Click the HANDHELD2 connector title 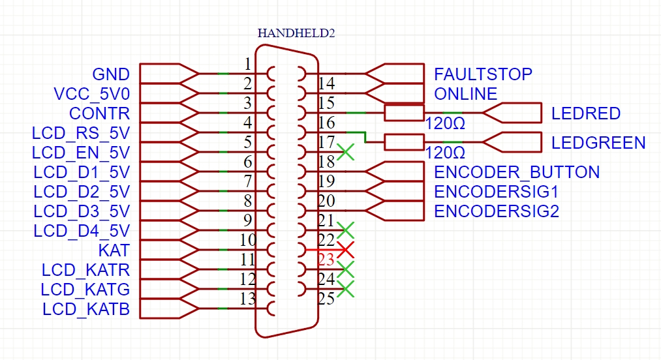pos(296,33)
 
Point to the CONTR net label pos(99,113)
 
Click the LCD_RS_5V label pos(81,133)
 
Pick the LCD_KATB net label pos(86,309)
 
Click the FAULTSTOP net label pos(483,74)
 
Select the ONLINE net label pos(465,94)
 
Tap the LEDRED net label pos(585,113)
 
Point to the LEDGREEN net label pos(598,143)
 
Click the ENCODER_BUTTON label pos(516,172)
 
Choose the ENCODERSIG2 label pos(496,211)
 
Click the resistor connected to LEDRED pos(405,113)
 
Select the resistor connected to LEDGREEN pos(405,142)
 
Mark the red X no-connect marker pos(346,249)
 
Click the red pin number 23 pos(326,260)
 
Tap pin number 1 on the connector pos(247,64)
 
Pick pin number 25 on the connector pos(326,299)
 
